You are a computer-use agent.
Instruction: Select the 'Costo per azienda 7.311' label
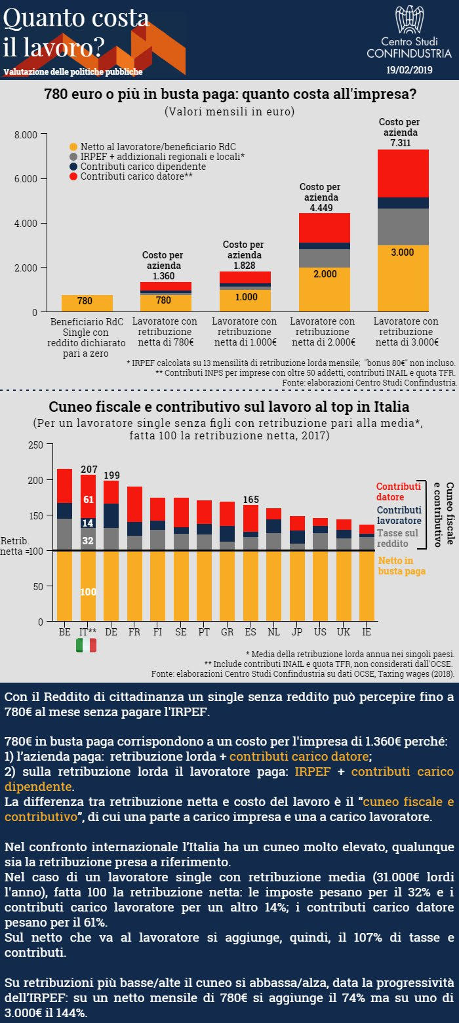tap(399, 132)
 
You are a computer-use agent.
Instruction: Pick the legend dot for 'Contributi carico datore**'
tap(73, 177)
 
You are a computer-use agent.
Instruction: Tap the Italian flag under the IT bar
tap(86, 645)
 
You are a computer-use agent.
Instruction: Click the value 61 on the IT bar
tap(88, 500)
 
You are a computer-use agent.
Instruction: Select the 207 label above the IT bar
tap(88, 470)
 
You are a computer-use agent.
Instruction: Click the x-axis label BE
tap(64, 632)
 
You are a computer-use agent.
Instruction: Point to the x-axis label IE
tap(367, 632)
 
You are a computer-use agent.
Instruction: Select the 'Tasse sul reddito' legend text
tap(397, 538)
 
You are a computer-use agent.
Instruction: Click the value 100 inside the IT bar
tap(88, 592)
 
